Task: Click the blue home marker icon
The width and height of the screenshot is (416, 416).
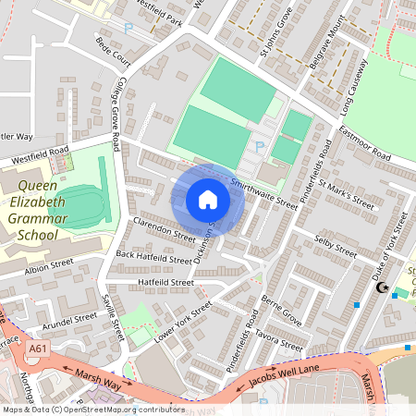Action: pos(208,200)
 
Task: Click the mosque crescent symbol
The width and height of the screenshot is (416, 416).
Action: pos(381,288)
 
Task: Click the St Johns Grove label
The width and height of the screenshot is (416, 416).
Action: pos(276,41)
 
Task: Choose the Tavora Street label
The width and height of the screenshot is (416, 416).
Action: pos(280,339)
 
